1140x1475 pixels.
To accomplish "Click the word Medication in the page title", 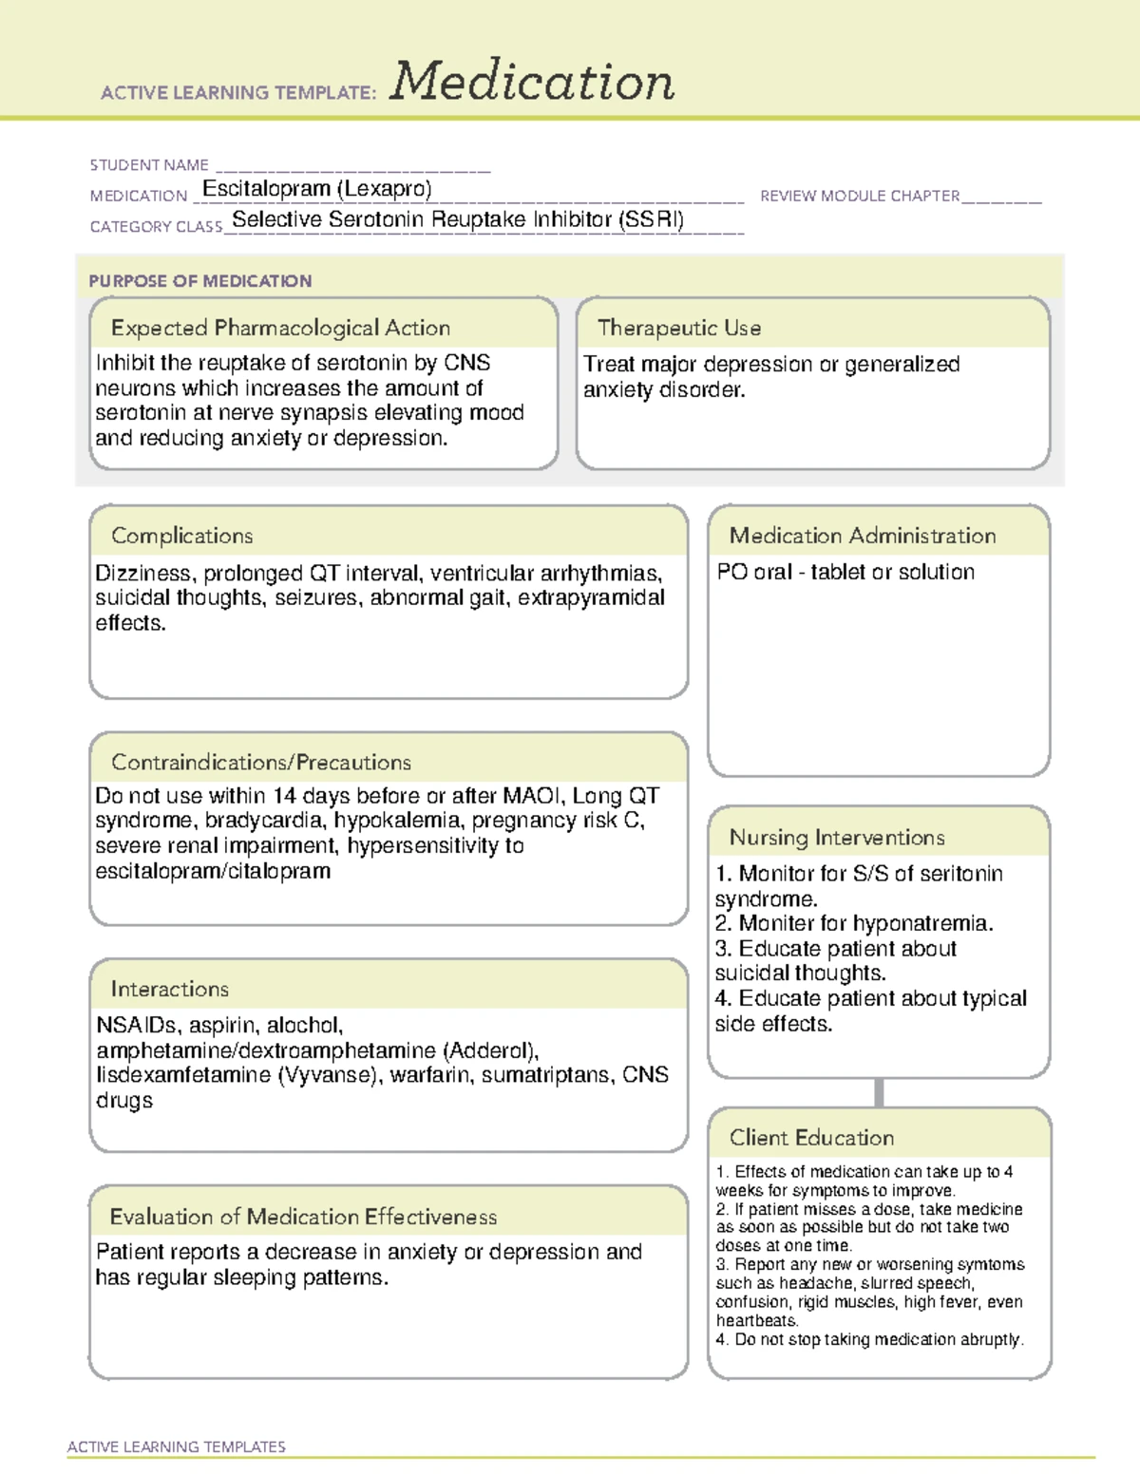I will pos(532,82).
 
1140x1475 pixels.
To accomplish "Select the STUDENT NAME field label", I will pos(149,165).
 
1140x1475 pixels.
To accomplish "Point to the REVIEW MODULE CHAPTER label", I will pos(860,196).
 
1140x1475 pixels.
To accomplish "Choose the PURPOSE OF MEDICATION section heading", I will pos(199,281).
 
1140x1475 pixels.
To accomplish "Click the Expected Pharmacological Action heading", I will pos(280,328).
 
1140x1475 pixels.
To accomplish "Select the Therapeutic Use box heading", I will pos(679,328).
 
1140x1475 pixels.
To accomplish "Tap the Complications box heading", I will pos(181,536).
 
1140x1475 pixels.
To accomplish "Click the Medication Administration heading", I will pos(863,536).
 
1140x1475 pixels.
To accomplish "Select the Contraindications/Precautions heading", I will pos(261,762).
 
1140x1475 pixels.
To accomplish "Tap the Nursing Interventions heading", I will pos(837,837).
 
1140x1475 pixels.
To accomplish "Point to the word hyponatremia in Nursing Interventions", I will pos(922,923).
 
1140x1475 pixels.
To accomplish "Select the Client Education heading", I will pos(811,1137).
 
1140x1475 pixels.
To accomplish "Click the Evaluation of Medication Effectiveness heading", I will pos(303,1217).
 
